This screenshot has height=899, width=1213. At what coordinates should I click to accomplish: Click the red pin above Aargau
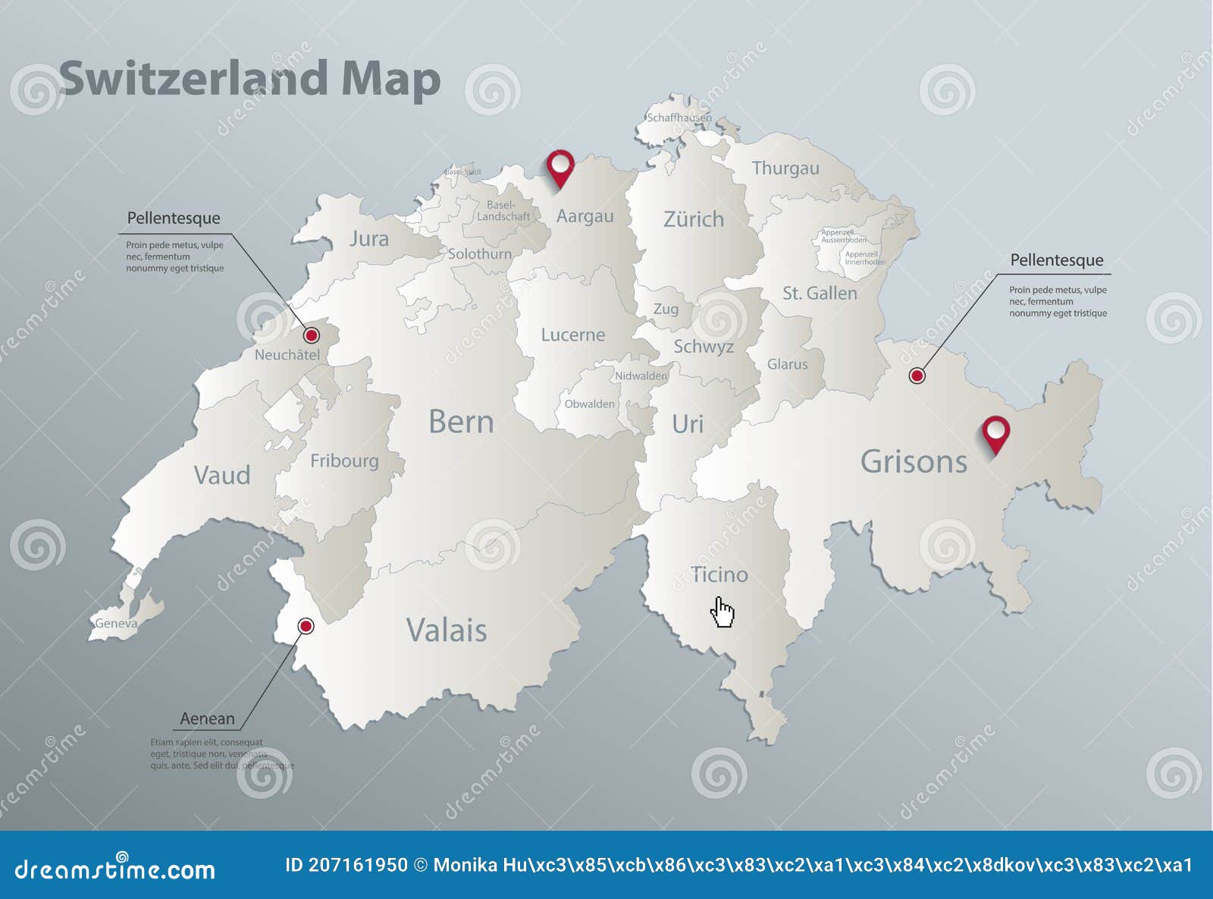click(x=560, y=165)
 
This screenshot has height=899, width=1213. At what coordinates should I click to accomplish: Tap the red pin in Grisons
click(x=995, y=432)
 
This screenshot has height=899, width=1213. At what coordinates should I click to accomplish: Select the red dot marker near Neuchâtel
click(x=311, y=335)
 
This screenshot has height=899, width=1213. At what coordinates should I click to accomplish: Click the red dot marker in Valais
click(x=306, y=626)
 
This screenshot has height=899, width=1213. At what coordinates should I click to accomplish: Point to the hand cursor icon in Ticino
click(x=722, y=611)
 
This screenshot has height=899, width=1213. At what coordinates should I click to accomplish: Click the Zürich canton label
click(x=693, y=219)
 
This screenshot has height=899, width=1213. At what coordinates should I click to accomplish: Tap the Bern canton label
click(x=461, y=422)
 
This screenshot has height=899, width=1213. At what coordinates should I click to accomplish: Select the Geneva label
click(x=116, y=624)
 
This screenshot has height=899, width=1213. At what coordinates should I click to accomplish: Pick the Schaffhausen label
click(x=679, y=118)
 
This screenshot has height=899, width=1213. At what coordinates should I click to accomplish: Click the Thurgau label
click(x=785, y=168)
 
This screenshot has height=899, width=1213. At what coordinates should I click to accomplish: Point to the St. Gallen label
click(x=820, y=293)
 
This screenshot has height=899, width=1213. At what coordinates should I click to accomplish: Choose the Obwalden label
click(x=589, y=404)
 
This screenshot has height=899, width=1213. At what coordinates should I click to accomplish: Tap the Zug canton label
click(x=666, y=309)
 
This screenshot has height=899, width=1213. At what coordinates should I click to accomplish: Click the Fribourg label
click(x=344, y=461)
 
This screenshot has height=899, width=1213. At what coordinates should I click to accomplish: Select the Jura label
click(x=368, y=239)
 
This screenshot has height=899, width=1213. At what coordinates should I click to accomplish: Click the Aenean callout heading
click(x=207, y=718)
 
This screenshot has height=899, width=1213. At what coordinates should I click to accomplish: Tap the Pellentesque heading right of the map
click(x=1056, y=260)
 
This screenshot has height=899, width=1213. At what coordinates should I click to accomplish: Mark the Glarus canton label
click(x=787, y=364)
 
